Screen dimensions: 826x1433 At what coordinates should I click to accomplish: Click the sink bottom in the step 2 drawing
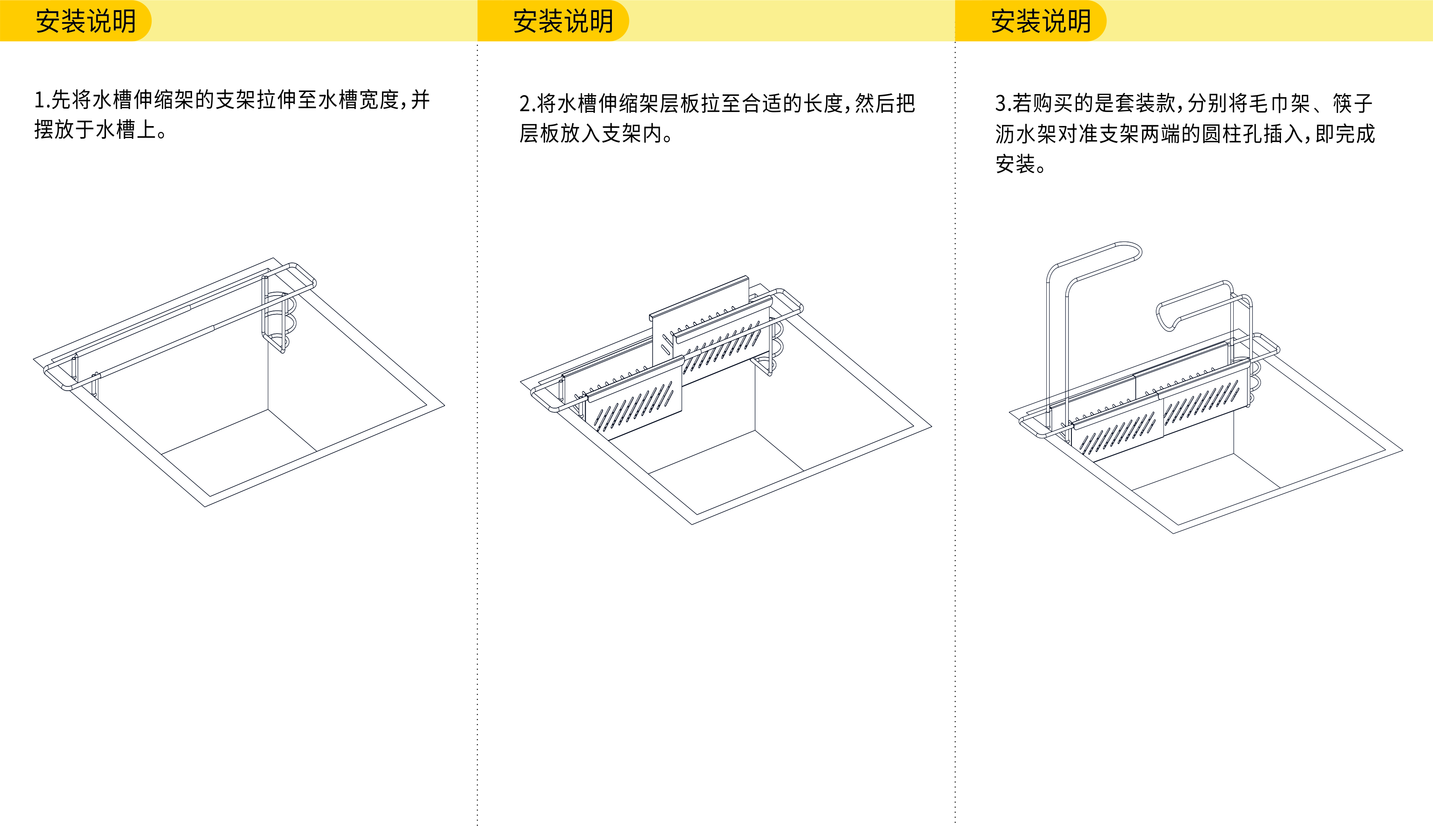click(726, 471)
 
